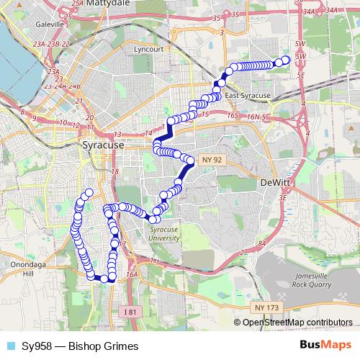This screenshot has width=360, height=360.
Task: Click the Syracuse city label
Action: coord(104,145)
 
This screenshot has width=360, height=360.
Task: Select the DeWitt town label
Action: coord(274,183)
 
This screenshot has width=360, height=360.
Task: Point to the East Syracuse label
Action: coord(247,96)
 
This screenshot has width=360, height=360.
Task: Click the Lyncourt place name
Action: coord(149,50)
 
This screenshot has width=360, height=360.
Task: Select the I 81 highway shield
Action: coord(129,311)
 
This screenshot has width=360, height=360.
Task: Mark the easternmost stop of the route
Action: coord(287,60)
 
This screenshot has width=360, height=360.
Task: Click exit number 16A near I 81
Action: coord(131,274)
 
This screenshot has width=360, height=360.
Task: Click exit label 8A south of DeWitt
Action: coord(262,245)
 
